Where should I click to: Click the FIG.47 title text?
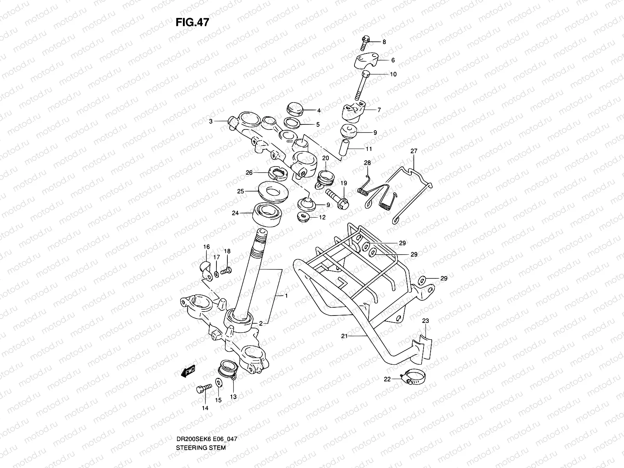tap(192, 22)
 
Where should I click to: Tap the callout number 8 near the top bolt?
tap(384, 42)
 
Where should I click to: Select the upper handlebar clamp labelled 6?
tap(367, 62)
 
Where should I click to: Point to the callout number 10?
tap(393, 74)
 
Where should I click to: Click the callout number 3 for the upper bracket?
tap(211, 122)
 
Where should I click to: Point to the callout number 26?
tap(249, 173)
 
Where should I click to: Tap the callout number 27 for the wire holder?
tap(414, 151)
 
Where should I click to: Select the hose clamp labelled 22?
tap(413, 379)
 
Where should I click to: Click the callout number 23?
tap(425, 321)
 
